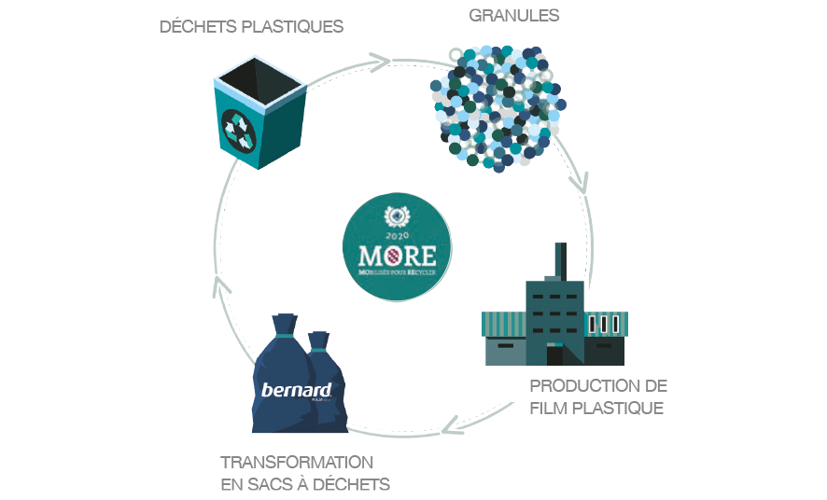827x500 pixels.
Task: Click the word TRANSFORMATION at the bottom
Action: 297,462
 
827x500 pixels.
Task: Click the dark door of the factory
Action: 554,355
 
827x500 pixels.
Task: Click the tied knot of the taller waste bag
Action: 284,327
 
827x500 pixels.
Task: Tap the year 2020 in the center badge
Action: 397,234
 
